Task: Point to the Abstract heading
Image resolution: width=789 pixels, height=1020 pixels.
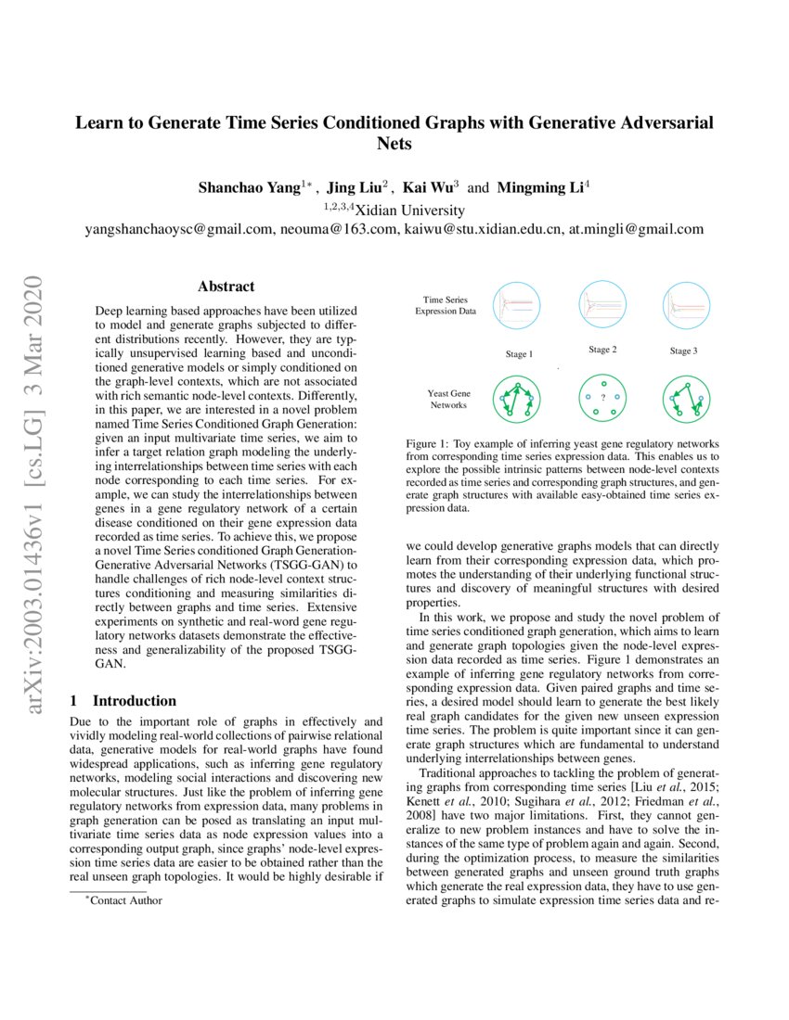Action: click(x=226, y=287)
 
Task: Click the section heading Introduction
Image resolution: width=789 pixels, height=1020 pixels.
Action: click(x=134, y=701)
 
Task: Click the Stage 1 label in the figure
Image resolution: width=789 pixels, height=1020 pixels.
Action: click(x=519, y=354)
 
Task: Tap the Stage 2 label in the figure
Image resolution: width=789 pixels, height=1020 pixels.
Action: click(x=602, y=350)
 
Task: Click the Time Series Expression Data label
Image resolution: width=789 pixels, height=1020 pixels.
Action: click(x=446, y=306)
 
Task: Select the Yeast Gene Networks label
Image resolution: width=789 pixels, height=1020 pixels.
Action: click(x=448, y=400)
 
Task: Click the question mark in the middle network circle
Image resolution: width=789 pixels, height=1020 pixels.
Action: click(x=603, y=399)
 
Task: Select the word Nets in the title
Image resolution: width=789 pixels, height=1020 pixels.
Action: click(x=394, y=144)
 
